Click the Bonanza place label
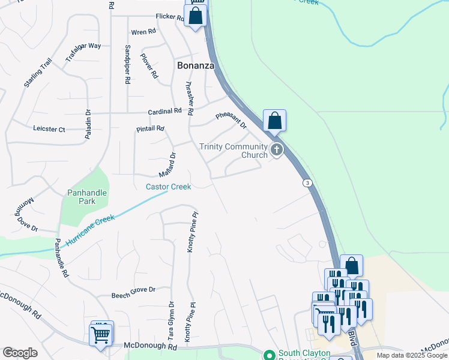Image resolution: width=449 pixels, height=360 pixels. point(196,65)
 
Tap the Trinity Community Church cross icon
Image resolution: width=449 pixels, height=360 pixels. point(276,149)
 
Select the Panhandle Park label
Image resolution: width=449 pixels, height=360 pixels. point(87,197)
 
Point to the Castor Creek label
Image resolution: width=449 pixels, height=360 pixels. point(168,187)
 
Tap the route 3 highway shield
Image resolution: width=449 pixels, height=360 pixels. point(307,183)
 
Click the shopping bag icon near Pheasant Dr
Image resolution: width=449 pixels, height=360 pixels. point(274,121)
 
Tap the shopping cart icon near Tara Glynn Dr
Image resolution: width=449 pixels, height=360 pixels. point(101,334)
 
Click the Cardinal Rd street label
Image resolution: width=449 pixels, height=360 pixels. point(165,112)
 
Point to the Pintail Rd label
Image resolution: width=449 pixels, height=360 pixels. point(150,128)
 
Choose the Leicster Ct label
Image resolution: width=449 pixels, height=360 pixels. point(49,128)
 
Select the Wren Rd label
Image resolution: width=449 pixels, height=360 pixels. point(143,31)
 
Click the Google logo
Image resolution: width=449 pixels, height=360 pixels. point(20,352)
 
